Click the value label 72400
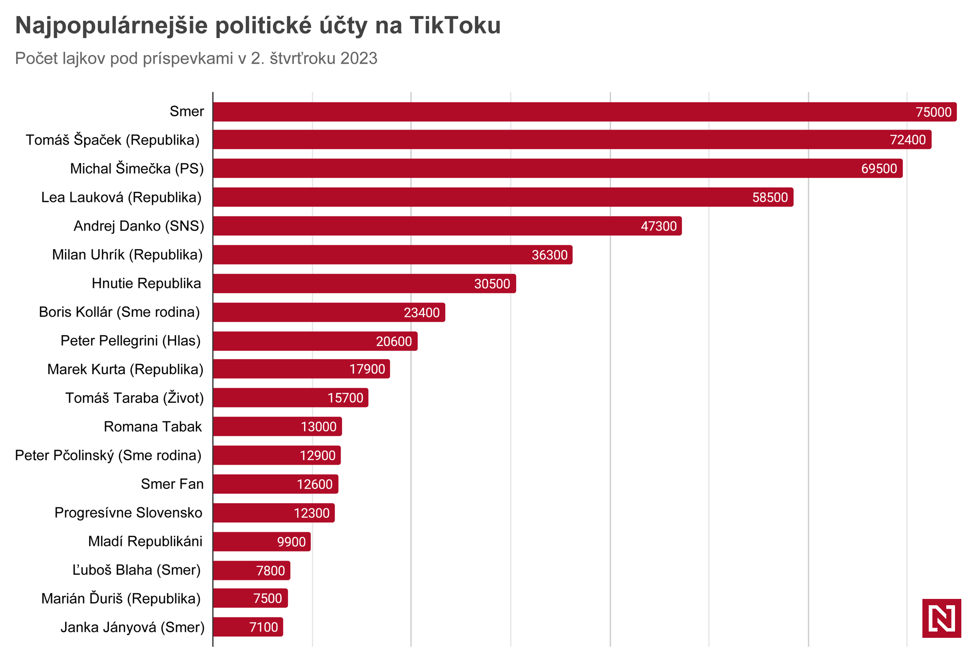coord(907,140)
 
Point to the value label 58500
coord(770,198)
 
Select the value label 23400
coord(421,312)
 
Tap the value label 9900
coord(291,542)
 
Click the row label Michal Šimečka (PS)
coord(137,169)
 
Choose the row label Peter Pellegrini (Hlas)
coord(130,341)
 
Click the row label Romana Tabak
coord(152,427)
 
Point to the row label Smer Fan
coord(172,484)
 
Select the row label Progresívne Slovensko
coord(128,513)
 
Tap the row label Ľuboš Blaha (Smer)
coord(136,570)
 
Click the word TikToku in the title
coord(455,25)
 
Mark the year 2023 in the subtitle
coord(359,58)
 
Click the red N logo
coord(941,618)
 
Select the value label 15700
coord(345,398)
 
